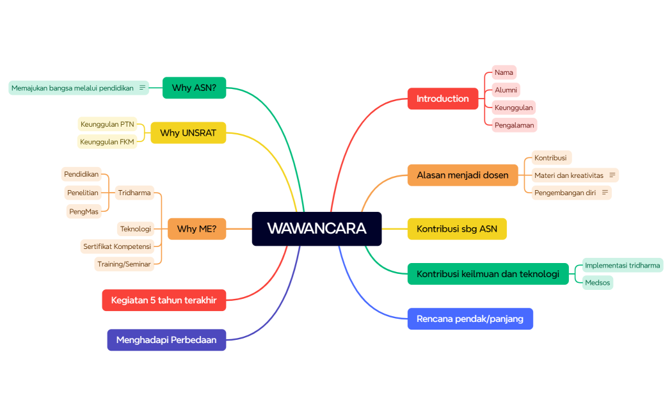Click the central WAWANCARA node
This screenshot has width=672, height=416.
pyautogui.click(x=317, y=228)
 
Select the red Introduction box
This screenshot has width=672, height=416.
pyautogui.click(x=443, y=99)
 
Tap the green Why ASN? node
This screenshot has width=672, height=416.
pyautogui.click(x=194, y=88)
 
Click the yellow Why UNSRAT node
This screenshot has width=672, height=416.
pyautogui.click(x=188, y=132)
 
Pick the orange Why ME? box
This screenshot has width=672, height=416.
pyautogui.click(x=196, y=228)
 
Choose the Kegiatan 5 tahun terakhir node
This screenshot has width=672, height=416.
pyautogui.click(x=164, y=300)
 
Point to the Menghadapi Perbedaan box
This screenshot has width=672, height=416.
pyautogui.click(x=166, y=340)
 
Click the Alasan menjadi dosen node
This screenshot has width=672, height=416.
pyautogui.click(x=463, y=175)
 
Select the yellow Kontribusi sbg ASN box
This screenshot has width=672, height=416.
pyautogui.click(x=457, y=228)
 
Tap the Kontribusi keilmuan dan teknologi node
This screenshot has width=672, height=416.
pyautogui.click(x=488, y=274)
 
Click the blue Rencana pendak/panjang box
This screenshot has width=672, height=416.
pyautogui.click(x=470, y=319)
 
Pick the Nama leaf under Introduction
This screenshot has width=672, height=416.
pyautogui.click(x=504, y=72)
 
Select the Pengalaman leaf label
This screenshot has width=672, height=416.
pyautogui.click(x=514, y=125)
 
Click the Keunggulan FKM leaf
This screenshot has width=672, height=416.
pyautogui.click(x=108, y=142)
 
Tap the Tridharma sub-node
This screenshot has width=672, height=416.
pyautogui.click(x=134, y=193)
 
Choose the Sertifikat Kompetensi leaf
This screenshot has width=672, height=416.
pyautogui.click(x=117, y=246)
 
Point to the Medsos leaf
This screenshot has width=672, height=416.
pyautogui.click(x=598, y=282)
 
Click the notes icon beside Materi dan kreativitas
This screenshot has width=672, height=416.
pyautogui.click(x=612, y=175)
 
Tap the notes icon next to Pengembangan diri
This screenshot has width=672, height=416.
pyautogui.click(x=605, y=192)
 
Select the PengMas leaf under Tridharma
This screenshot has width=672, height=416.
pyautogui.click(x=84, y=211)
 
